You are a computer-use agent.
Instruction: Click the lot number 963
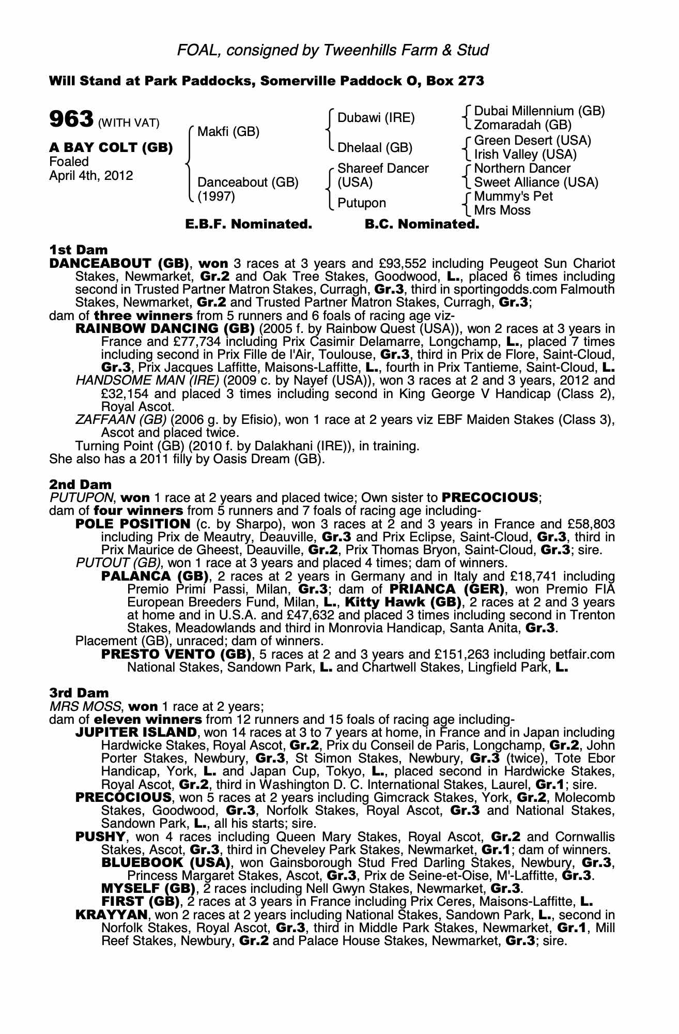(71, 119)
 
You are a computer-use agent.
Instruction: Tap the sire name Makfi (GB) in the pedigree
(228, 131)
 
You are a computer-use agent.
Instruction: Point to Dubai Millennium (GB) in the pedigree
(539, 111)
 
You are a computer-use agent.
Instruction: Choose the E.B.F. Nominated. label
(249, 224)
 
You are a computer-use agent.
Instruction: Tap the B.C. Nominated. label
(422, 224)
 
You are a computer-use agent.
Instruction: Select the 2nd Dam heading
(80, 484)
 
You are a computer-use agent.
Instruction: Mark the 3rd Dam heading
(79, 693)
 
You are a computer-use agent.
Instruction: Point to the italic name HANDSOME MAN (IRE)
(147, 381)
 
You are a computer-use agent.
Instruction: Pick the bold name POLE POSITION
(133, 524)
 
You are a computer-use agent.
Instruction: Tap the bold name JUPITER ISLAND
(135, 732)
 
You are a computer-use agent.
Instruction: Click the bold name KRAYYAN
(111, 915)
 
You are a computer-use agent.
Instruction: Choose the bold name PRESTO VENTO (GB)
(176, 654)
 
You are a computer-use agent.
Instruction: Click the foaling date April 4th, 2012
(91, 175)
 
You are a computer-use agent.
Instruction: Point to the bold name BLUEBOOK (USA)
(165, 862)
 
